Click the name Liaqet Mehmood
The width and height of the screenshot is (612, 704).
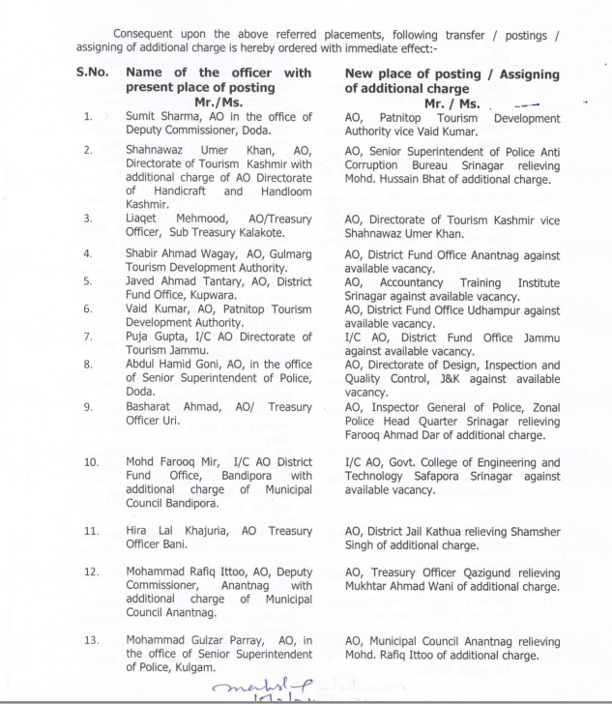point(168,218)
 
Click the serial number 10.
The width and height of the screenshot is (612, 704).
point(92,462)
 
